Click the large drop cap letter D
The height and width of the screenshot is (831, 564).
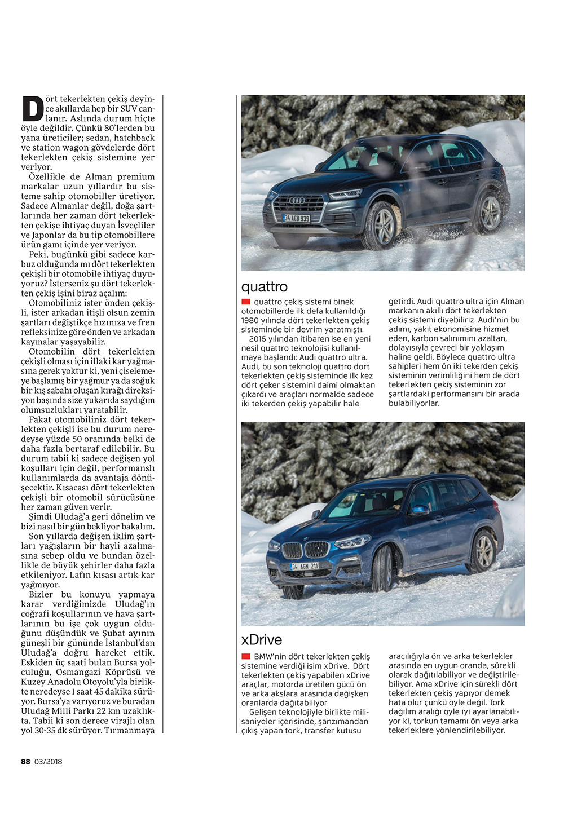(33, 109)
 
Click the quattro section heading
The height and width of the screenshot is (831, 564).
(265, 287)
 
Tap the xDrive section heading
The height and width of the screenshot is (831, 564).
(262, 640)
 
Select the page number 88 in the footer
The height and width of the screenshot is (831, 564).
(25, 762)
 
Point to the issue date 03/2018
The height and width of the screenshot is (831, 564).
(49, 762)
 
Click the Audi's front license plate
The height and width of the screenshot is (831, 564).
(296, 218)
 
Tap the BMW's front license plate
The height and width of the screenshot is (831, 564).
(304, 566)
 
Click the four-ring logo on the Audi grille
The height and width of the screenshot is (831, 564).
(297, 201)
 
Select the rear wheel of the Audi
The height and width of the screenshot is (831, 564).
(489, 213)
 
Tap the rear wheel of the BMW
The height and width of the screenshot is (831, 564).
(483, 551)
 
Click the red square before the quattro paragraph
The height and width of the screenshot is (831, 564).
(246, 302)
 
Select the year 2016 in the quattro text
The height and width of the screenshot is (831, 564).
(258, 339)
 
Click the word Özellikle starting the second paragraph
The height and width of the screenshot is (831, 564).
(48, 176)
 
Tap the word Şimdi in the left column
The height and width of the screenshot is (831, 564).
(40, 516)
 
